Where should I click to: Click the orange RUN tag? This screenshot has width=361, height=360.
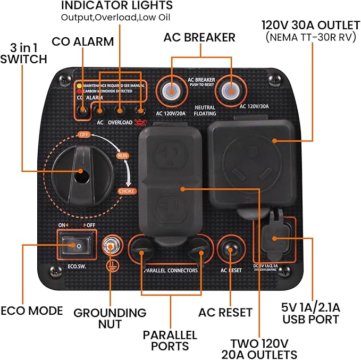[x=123, y=156]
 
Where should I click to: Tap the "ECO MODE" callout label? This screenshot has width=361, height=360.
[x=31, y=311]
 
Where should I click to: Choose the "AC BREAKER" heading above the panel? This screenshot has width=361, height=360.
[x=199, y=37]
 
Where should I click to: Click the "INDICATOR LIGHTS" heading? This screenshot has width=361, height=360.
[x=117, y=6]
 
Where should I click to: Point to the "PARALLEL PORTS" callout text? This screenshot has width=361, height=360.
[x=170, y=340]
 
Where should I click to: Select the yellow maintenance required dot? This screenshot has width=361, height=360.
[x=79, y=85]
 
